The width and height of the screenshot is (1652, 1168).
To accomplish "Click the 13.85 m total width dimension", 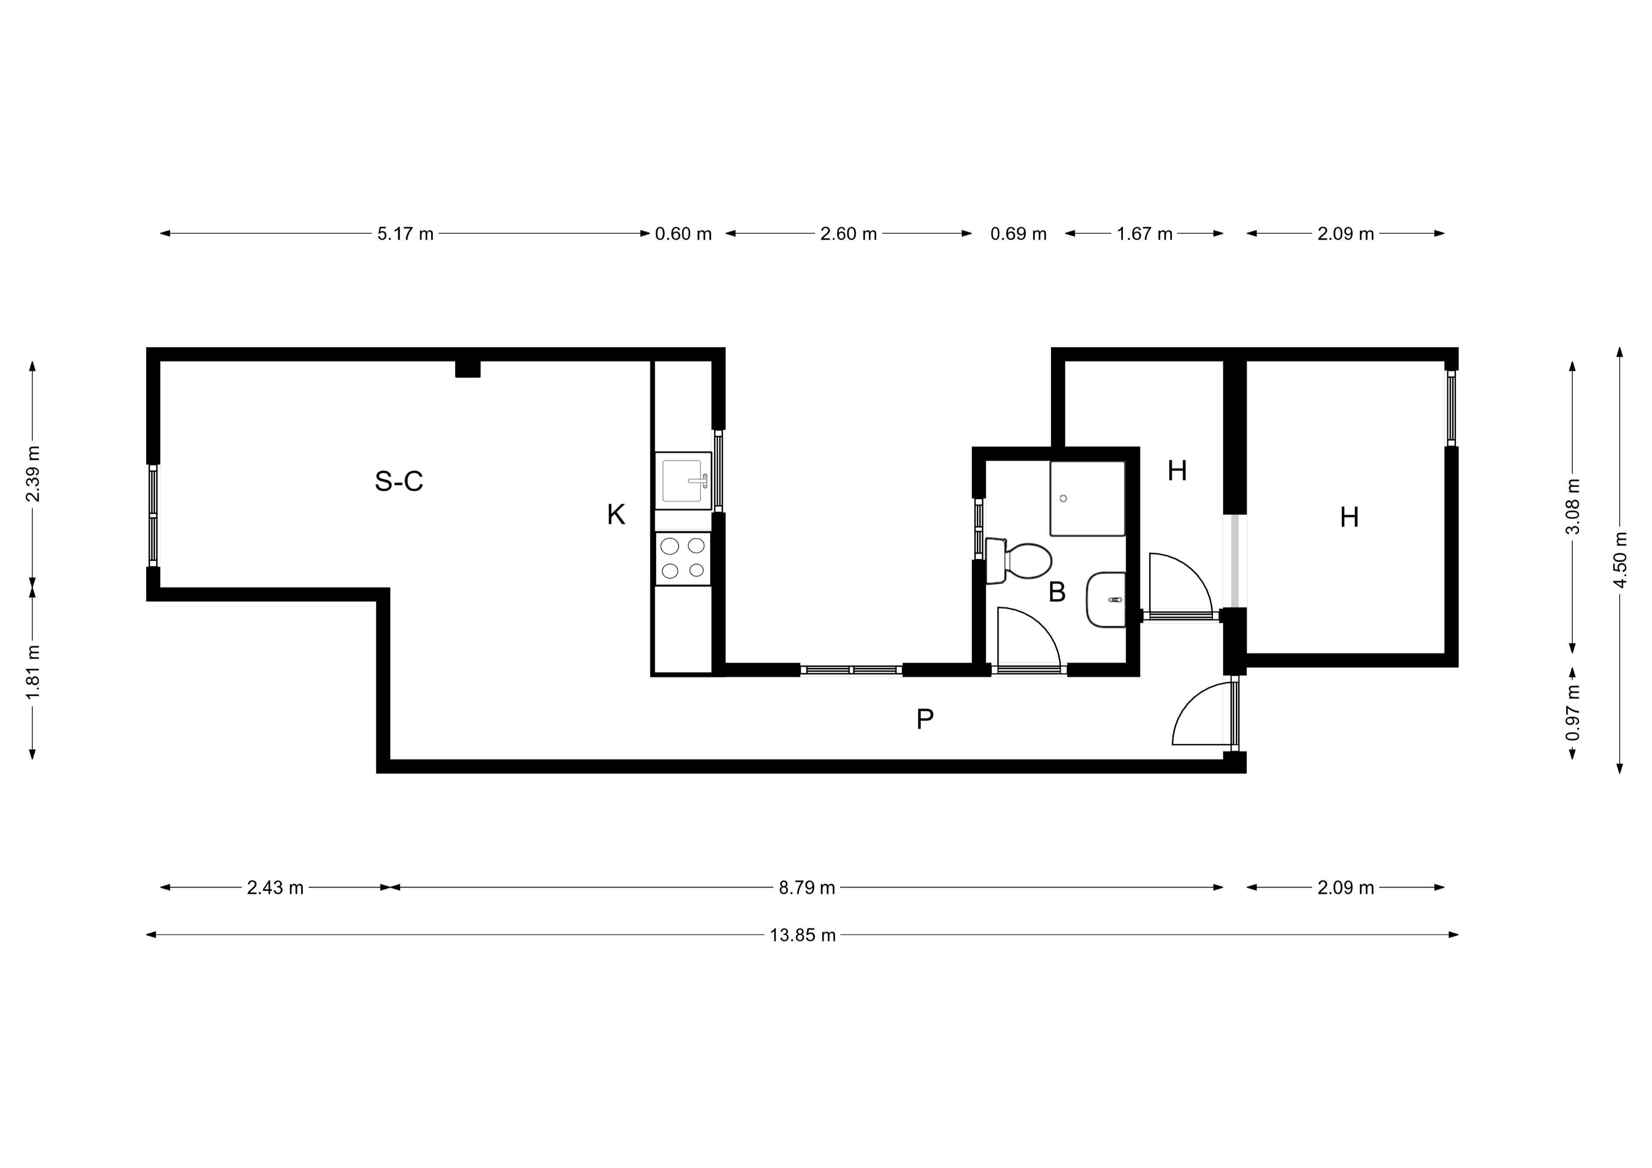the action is (x=803, y=935).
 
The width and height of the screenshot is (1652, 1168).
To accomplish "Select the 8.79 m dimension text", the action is (x=807, y=888).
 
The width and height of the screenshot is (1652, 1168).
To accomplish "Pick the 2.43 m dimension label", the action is (x=276, y=888).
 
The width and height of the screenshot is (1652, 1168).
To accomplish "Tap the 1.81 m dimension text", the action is (x=32, y=672).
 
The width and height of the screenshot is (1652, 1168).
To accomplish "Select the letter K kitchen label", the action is (x=616, y=515).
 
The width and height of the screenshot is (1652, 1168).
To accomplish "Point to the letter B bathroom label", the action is (x=1057, y=592).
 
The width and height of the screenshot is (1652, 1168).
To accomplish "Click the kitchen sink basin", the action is (x=683, y=481).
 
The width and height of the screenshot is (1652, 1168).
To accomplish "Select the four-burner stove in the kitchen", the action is (x=683, y=558).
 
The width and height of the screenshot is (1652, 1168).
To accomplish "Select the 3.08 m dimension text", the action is (x=1573, y=507).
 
